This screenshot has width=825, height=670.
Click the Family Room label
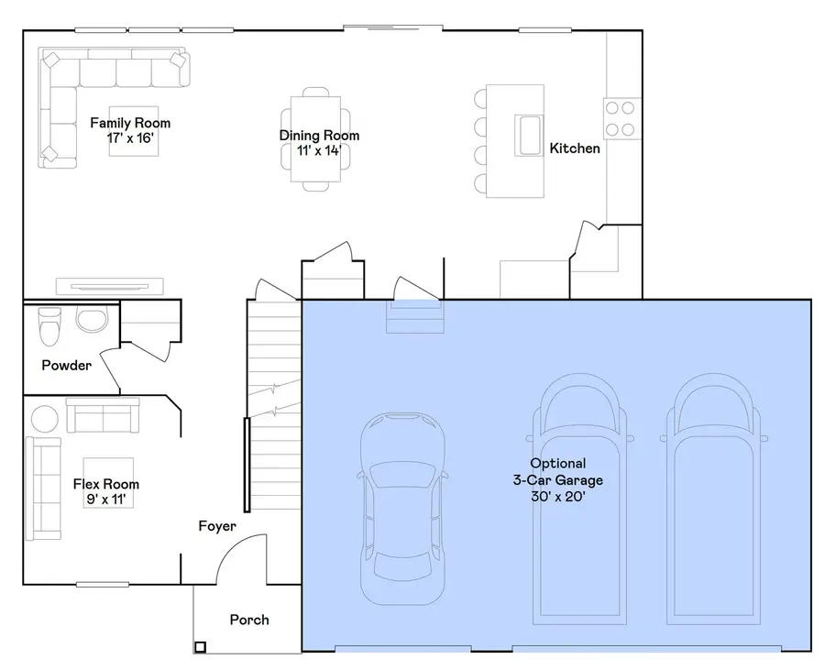[130, 123]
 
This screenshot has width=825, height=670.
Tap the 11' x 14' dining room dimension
[319, 150]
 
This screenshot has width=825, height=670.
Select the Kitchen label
[575, 148]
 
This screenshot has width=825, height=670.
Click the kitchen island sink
[528, 135]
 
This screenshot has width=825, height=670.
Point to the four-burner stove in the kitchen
[621, 117]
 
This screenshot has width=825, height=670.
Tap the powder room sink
[91, 320]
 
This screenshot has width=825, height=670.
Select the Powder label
[67, 366]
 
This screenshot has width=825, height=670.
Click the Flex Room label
[106, 484]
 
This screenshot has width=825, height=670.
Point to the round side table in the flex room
[45, 418]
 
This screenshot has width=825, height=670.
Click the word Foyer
[217, 526]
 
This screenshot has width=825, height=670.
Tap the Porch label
[249, 620]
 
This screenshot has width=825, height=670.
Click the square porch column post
[200, 647]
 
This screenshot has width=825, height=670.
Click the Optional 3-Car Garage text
[557, 471]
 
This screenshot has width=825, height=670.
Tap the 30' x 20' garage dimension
[557, 496]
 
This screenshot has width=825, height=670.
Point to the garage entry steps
[416, 320]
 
